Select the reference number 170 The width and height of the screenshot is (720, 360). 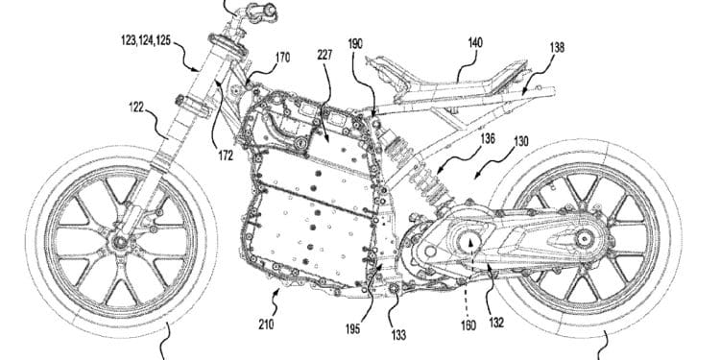(281, 58)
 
